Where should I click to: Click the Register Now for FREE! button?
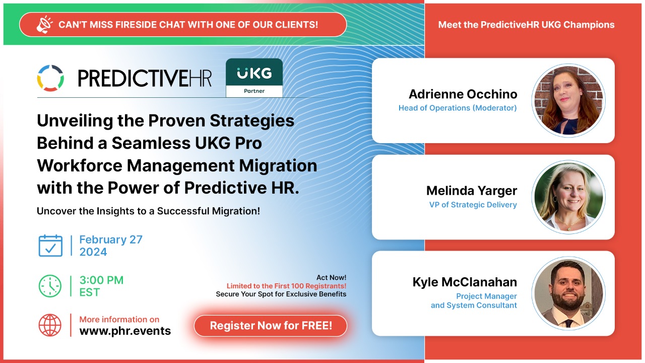tap(271, 326)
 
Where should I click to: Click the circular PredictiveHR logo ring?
tap(50, 78)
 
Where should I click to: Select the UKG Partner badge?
tap(254, 78)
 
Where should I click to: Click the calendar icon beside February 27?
tap(50, 246)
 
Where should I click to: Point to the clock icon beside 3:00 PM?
tap(50, 286)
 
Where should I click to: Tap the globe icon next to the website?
tap(50, 325)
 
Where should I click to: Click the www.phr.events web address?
tap(125, 331)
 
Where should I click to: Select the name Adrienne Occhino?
tap(463, 94)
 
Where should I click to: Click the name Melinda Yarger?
tap(471, 191)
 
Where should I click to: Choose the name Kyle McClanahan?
tap(464, 282)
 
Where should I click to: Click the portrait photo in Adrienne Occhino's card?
tap(568, 100)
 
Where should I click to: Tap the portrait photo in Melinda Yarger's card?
tap(568, 197)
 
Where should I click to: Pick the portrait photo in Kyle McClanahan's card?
tap(568, 293)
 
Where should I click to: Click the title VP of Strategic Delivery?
tap(473, 205)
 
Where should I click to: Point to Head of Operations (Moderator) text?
tap(457, 108)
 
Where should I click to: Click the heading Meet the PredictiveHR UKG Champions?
tap(526, 25)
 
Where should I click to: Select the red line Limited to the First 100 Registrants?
tap(286, 286)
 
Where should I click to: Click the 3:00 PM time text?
tap(101, 280)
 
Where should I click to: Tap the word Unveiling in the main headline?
tap(71, 120)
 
